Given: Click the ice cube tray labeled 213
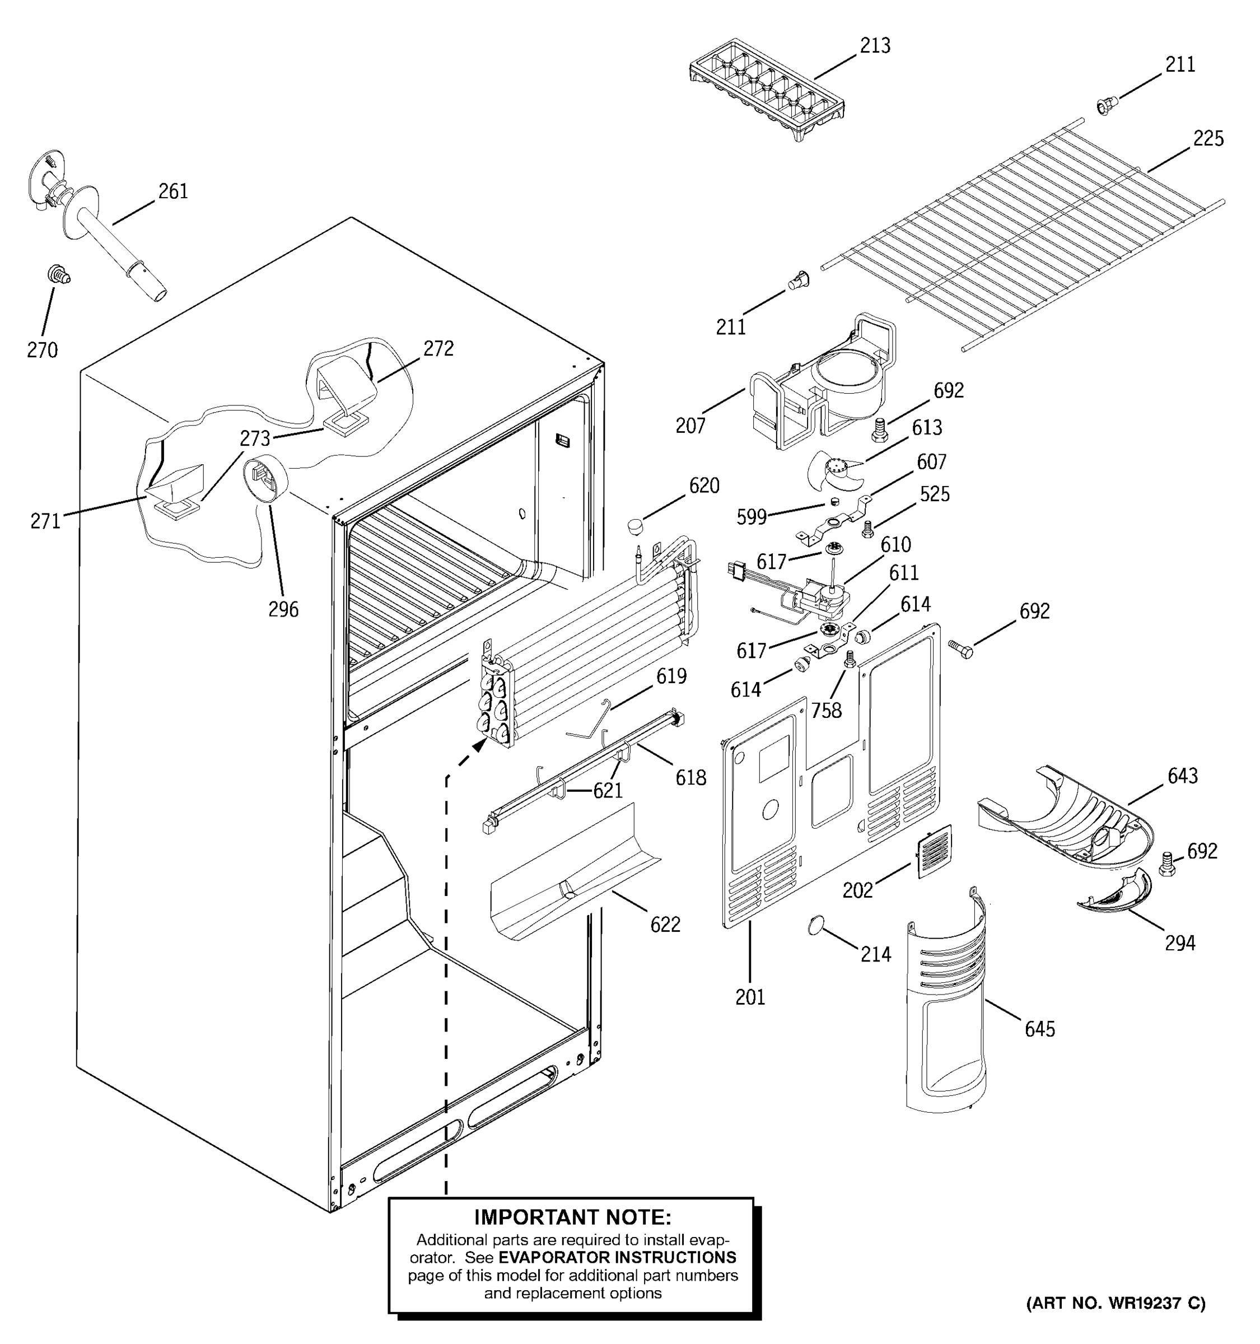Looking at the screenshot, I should pos(767,97).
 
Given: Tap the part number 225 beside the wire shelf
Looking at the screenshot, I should pos(1207,138).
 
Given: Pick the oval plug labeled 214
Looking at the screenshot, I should pos(817,925).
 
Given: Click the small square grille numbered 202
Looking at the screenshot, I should pos(934,852).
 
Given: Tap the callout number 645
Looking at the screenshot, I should pos(1039,1029).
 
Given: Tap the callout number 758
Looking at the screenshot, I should pos(826,710).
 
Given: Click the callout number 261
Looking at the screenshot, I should pos(173,192).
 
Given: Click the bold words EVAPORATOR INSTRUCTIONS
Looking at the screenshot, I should pos(617,1257).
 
